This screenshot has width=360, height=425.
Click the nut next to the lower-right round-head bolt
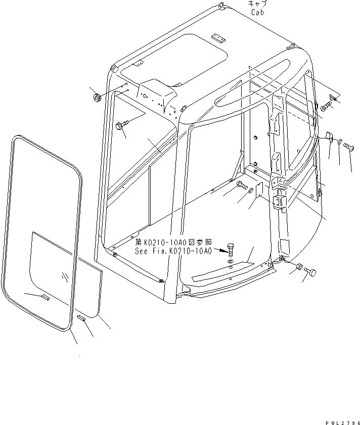pos(299,267)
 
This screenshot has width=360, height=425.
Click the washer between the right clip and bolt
pos(339,142)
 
